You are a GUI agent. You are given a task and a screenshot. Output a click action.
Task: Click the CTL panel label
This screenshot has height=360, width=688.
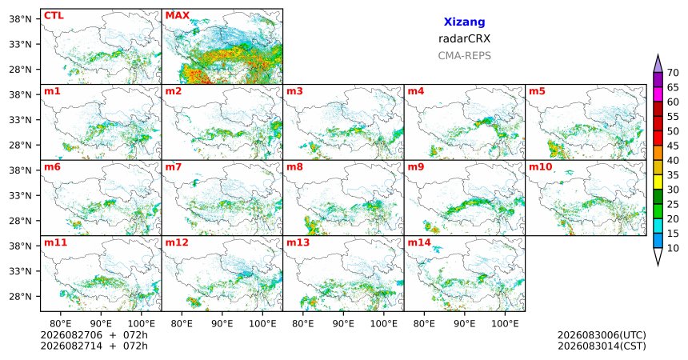(x=54, y=16)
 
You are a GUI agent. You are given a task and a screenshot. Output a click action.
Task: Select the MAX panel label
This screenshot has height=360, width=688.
(x=178, y=16)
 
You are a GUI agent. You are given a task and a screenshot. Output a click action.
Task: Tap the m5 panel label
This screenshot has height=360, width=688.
(x=537, y=91)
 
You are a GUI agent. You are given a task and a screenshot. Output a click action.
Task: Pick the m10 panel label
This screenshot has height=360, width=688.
(x=541, y=167)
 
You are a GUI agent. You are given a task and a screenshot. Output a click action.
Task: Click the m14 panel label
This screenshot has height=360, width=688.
(x=419, y=242)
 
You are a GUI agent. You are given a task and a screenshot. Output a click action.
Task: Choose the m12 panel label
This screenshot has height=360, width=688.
(x=177, y=242)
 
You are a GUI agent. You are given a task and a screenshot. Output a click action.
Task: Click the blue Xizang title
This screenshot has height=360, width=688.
(x=464, y=22)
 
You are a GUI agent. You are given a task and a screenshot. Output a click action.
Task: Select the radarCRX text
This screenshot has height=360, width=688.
(x=464, y=38)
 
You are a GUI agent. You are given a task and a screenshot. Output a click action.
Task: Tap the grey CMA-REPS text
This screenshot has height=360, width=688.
(x=464, y=56)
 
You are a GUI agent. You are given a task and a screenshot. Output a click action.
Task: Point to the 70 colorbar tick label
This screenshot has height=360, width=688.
(x=673, y=73)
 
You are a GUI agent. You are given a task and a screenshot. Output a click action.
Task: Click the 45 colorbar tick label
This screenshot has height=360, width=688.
(x=673, y=146)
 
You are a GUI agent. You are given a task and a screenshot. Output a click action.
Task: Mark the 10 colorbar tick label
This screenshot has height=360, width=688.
(x=673, y=248)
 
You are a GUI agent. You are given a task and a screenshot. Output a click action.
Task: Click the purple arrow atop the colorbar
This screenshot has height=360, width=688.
(x=658, y=64)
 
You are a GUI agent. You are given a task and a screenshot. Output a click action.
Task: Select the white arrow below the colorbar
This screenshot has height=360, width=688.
(x=658, y=256)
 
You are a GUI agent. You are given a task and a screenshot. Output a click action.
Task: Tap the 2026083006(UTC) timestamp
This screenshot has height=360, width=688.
(x=602, y=335)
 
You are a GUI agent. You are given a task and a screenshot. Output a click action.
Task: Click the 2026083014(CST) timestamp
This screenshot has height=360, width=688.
(x=602, y=346)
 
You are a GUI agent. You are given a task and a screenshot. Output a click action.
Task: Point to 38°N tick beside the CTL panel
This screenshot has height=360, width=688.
(x=20, y=19)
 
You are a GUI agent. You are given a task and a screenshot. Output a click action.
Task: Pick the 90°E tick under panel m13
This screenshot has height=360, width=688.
(x=343, y=324)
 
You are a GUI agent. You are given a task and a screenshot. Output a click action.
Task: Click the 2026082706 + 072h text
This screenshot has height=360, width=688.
(x=94, y=335)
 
